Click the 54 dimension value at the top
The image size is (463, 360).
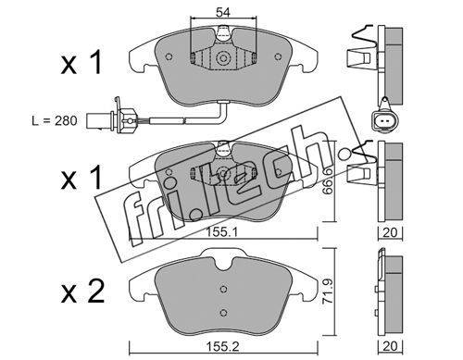223,13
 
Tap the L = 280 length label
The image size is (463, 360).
55,120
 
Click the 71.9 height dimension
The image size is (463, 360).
328,292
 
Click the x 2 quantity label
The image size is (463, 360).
82,292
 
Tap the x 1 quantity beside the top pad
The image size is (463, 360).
81,63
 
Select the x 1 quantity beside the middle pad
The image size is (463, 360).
81,178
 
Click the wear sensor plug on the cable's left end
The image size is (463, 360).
111,120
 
